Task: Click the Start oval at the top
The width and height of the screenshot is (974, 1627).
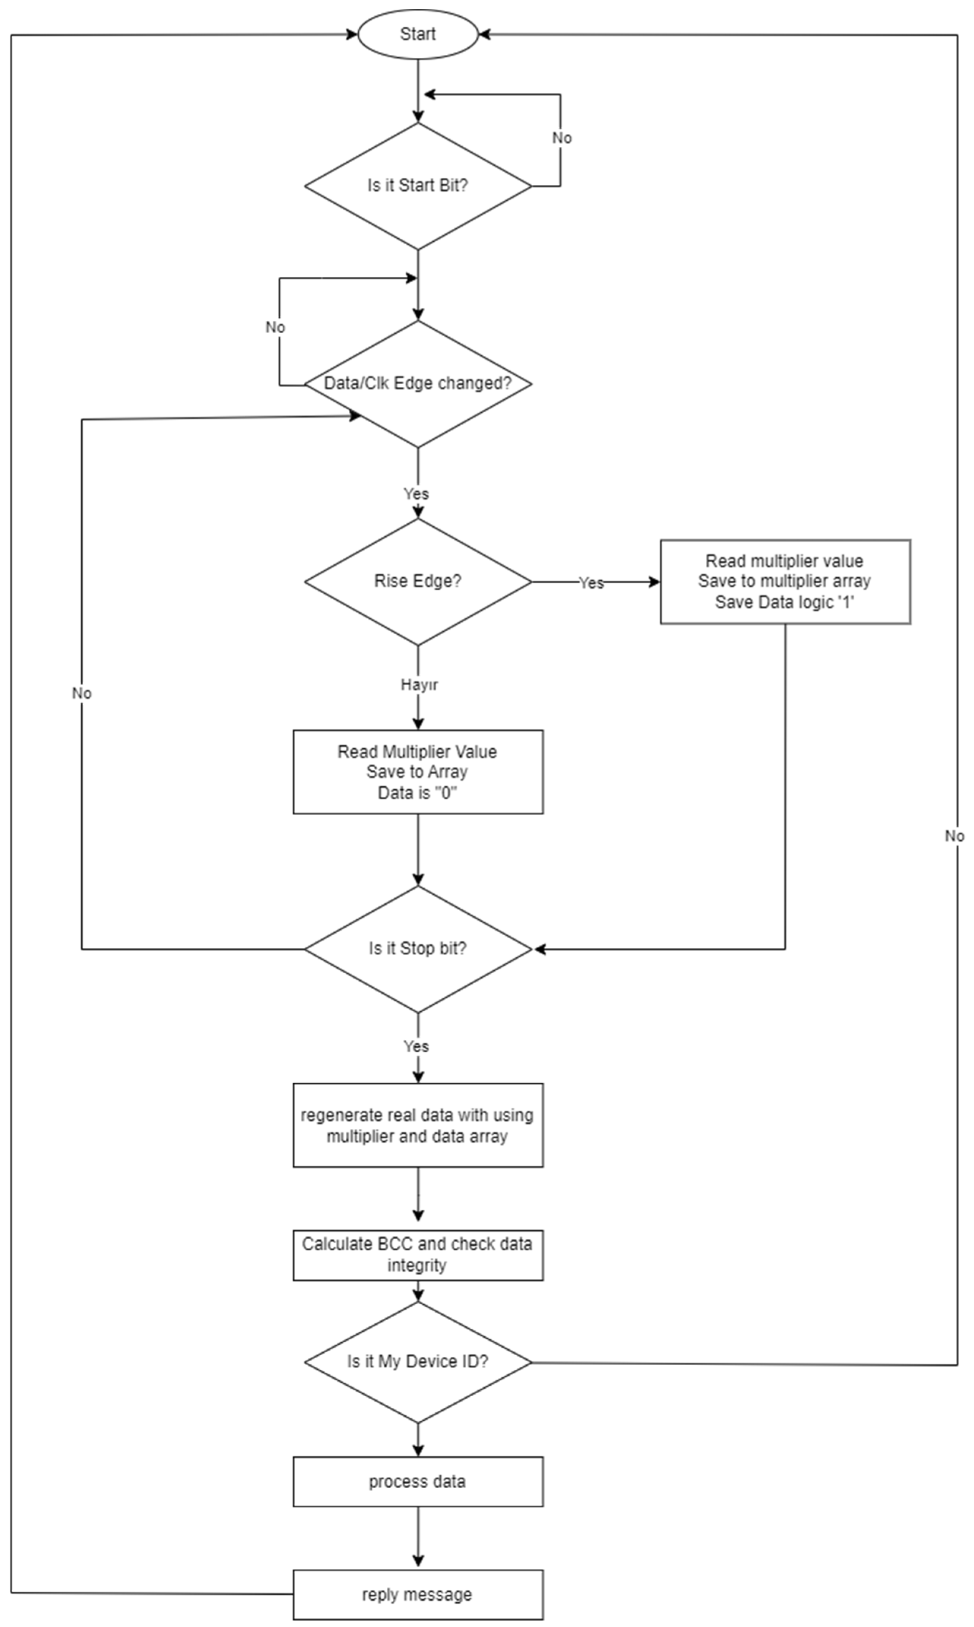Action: click(x=417, y=34)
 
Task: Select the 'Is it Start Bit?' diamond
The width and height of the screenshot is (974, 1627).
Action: click(x=417, y=186)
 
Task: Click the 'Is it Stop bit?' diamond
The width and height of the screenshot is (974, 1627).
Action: click(x=417, y=949)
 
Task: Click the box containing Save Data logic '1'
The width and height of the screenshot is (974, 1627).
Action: click(x=785, y=582)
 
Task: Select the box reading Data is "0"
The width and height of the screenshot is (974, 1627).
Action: click(x=417, y=772)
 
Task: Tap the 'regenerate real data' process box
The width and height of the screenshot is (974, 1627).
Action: click(x=417, y=1125)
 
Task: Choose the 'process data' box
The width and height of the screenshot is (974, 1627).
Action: click(x=417, y=1482)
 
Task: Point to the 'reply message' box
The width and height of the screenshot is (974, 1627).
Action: click(x=417, y=1595)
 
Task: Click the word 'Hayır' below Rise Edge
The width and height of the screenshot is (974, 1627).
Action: click(x=419, y=685)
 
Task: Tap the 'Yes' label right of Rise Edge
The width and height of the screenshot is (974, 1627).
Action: click(x=591, y=583)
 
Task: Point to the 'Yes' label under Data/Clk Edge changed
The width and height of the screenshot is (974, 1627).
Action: click(x=416, y=494)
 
